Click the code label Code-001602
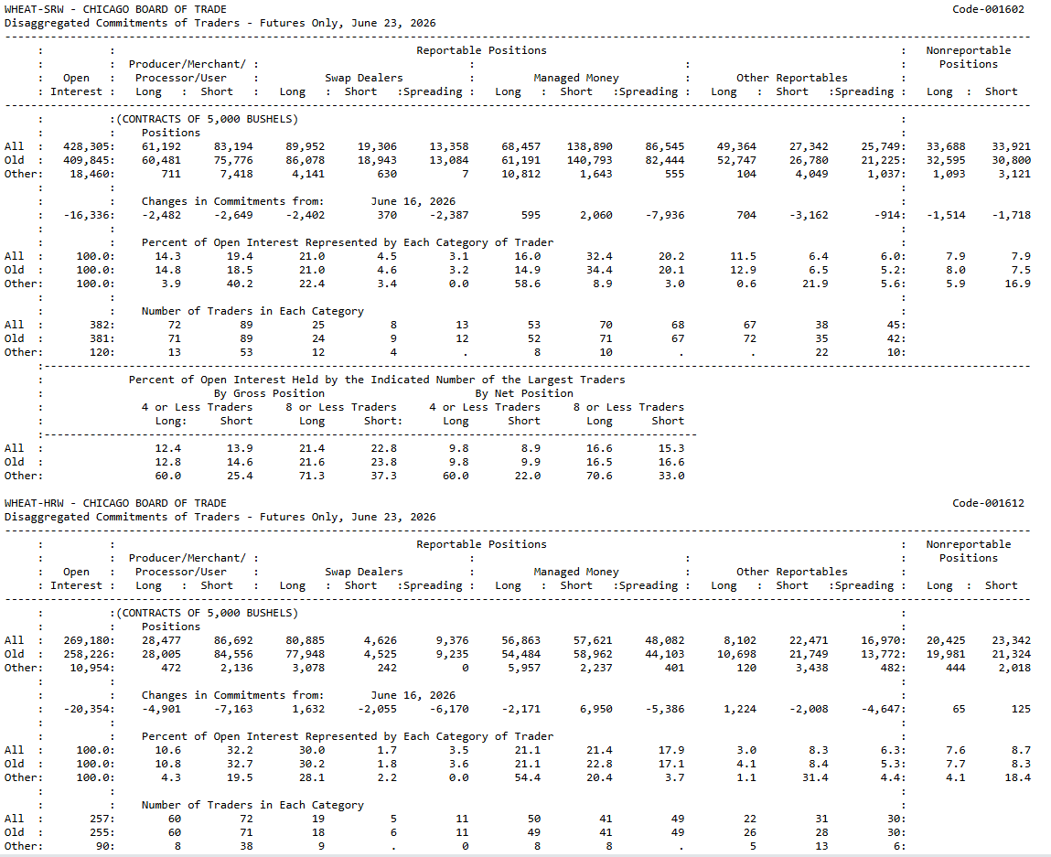(988, 9)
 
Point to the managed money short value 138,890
(589, 146)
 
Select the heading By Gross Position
(269, 393)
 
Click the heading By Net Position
(524, 393)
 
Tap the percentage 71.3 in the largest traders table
(312, 476)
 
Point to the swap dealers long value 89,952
(305, 146)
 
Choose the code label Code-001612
(988, 503)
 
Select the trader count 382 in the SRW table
(102, 325)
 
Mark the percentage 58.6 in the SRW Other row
(528, 284)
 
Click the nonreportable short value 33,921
(1012, 146)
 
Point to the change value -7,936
(665, 215)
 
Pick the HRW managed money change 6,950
(595, 709)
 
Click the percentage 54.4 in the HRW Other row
(528, 777)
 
